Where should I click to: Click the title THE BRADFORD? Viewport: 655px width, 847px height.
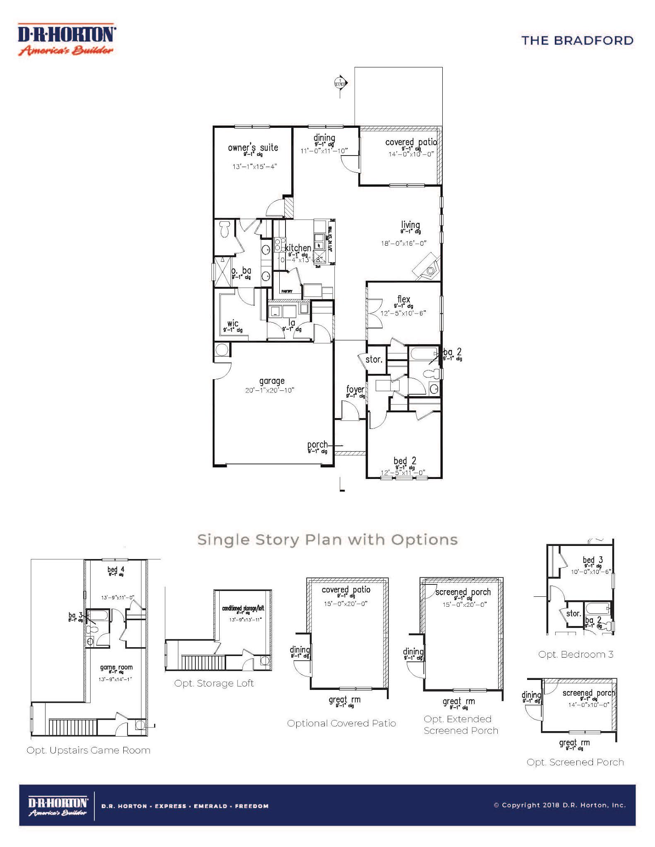pos(577,41)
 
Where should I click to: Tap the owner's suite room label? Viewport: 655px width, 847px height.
pos(253,148)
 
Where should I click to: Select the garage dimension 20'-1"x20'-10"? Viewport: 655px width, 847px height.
pos(269,390)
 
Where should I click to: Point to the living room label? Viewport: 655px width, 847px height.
pos(410,225)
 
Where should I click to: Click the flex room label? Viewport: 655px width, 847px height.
pos(403,299)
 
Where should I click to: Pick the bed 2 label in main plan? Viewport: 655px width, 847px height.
pos(405,461)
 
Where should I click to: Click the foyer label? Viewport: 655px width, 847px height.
pos(355,389)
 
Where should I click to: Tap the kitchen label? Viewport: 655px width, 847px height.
pos(298,248)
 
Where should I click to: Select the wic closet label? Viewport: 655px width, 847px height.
pos(233,323)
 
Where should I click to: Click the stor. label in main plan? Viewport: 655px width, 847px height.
pos(374,359)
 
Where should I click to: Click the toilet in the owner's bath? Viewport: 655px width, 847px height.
pos(225,229)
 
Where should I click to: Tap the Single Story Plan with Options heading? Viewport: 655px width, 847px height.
pos(327,540)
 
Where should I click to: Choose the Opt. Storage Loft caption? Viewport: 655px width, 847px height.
pos(214,683)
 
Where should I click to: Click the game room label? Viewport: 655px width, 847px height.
pos(116,667)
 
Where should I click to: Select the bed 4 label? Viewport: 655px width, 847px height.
pos(116,569)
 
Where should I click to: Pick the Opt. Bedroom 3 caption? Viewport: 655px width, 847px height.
pos(576,654)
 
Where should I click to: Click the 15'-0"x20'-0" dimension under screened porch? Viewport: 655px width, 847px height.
pos(464,604)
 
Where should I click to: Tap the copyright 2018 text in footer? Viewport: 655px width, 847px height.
pos(559,805)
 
